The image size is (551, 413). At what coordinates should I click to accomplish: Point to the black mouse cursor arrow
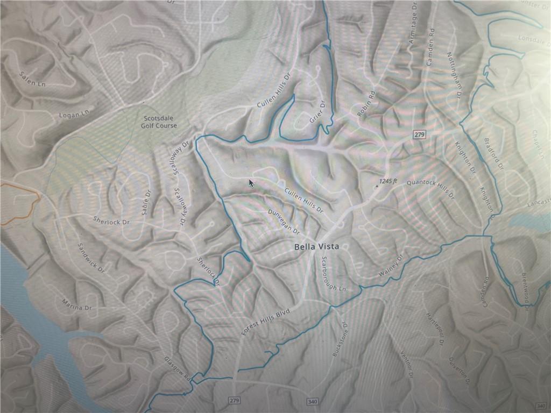pos(251,183)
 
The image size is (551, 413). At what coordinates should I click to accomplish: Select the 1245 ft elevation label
pos(387,182)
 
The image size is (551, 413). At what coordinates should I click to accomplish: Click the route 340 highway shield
pos(312,402)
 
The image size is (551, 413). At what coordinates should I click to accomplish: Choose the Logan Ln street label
pos(73,114)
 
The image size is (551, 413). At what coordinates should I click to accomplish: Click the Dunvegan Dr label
pos(283,220)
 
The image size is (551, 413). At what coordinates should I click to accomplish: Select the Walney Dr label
pos(391,267)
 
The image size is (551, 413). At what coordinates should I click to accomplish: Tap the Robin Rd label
pos(365,104)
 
